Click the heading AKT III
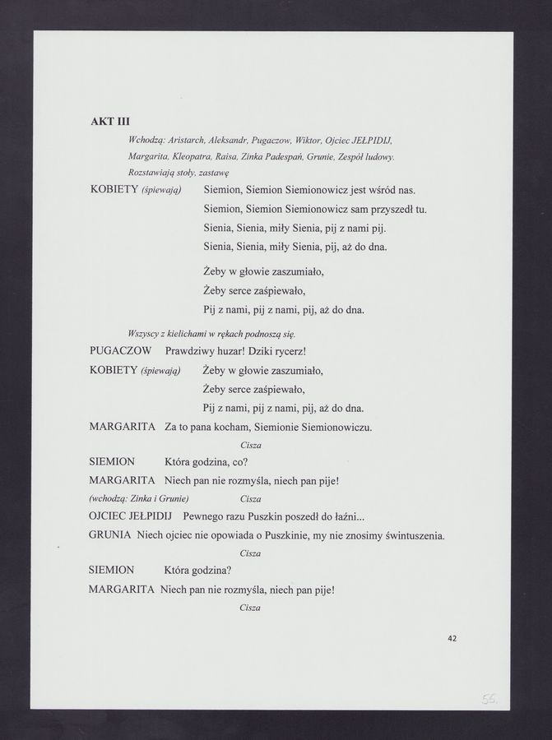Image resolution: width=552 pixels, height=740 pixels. [110, 121]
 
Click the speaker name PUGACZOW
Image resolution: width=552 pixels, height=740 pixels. [120, 351]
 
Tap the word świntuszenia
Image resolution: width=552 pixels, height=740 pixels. [409, 536]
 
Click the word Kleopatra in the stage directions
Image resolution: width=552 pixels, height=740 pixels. [193, 155]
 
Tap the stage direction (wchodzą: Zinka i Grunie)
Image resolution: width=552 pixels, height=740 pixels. [139, 499]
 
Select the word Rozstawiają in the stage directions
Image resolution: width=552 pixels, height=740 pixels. [154, 173]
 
